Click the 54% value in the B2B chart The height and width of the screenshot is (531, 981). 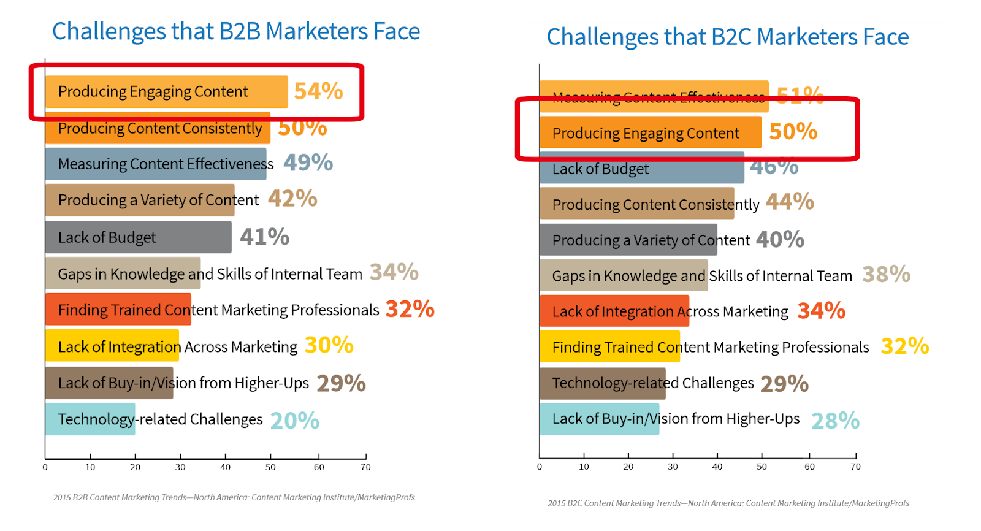[x=318, y=91]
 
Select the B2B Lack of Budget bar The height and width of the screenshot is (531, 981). [x=138, y=237]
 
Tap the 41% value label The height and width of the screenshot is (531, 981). [x=264, y=237]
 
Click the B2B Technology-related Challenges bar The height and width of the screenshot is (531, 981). [x=90, y=419]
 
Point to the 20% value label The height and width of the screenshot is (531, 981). [x=295, y=421]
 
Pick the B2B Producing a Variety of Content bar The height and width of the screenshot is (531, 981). [x=140, y=200]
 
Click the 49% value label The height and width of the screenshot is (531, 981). [x=308, y=163]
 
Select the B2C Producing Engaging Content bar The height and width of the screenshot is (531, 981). [x=650, y=133]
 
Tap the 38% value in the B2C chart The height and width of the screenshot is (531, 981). [x=886, y=275]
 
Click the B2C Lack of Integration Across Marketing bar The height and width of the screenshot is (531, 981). [x=614, y=311]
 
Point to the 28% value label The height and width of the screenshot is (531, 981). [x=835, y=421]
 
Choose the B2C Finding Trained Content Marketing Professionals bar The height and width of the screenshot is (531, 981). [x=610, y=347]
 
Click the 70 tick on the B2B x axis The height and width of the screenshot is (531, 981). [x=366, y=467]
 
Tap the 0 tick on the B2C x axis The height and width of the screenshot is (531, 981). [x=540, y=467]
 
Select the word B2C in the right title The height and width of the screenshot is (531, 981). [x=731, y=37]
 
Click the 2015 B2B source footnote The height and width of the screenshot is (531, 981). [x=234, y=497]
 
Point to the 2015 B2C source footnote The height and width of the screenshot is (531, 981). [x=728, y=503]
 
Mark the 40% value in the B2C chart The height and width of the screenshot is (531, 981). [x=780, y=240]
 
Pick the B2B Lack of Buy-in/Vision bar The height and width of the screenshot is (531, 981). [x=109, y=383]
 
